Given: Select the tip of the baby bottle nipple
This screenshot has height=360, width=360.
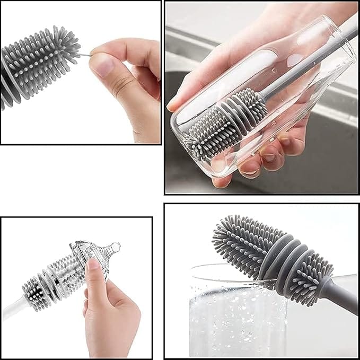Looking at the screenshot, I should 116,247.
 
